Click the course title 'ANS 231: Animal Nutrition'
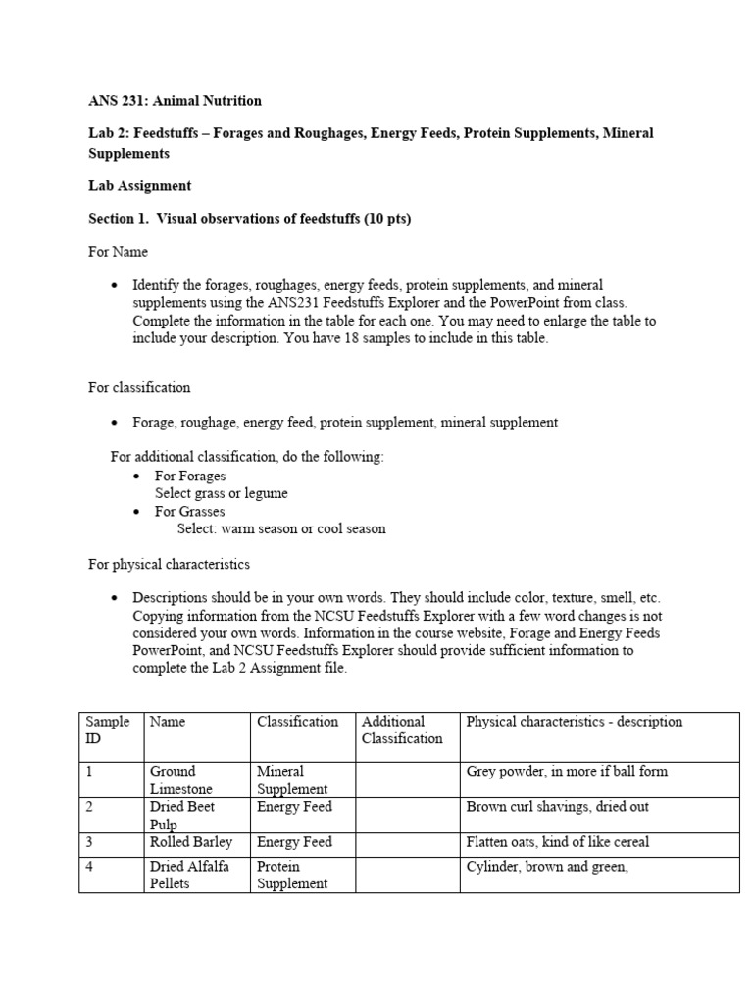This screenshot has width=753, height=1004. click(x=175, y=101)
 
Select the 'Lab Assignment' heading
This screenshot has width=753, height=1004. click(x=139, y=186)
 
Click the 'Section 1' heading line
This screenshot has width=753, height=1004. click(x=249, y=219)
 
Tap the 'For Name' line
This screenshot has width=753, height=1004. click(x=118, y=252)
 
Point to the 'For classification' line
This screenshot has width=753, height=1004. click(x=139, y=387)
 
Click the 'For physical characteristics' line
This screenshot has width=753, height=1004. click(x=169, y=565)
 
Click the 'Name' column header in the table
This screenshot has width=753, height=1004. click(x=167, y=722)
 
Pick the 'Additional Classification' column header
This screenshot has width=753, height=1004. click(x=402, y=729)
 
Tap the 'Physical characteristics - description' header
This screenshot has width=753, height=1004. click(x=574, y=722)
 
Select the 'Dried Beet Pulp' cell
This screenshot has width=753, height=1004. click(x=181, y=815)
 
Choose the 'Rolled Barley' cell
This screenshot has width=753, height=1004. click(x=191, y=842)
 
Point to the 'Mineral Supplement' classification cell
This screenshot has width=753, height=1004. click(x=293, y=779)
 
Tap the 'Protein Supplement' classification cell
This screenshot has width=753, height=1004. click(x=292, y=875)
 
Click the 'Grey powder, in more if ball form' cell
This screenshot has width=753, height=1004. click(x=567, y=772)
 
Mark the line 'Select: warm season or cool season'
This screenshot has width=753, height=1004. click(x=281, y=529)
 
